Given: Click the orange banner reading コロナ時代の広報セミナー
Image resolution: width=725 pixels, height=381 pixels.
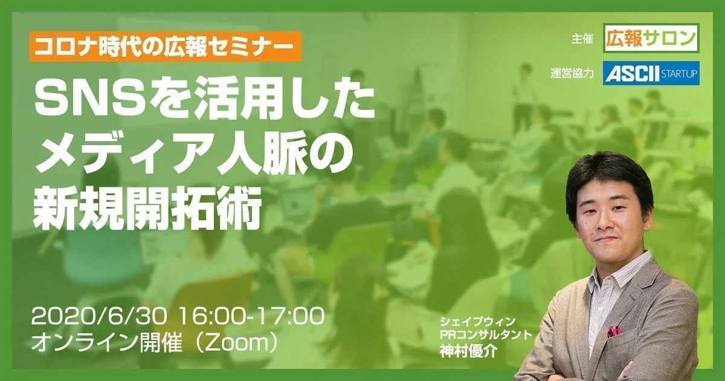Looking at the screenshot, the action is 166,47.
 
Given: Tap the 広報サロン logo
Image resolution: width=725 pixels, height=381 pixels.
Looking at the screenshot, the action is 652,38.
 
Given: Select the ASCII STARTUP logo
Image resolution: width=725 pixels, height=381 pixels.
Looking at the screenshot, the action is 651,73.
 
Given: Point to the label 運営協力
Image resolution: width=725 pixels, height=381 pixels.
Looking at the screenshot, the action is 572,74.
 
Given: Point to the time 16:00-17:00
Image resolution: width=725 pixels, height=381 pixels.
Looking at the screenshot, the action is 251,316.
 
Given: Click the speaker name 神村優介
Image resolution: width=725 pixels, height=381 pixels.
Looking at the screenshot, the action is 468,351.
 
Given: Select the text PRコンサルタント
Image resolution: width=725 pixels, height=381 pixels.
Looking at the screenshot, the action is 486,334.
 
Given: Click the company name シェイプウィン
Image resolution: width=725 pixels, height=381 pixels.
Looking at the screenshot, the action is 477,321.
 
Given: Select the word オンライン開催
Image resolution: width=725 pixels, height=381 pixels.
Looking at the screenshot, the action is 107,344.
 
